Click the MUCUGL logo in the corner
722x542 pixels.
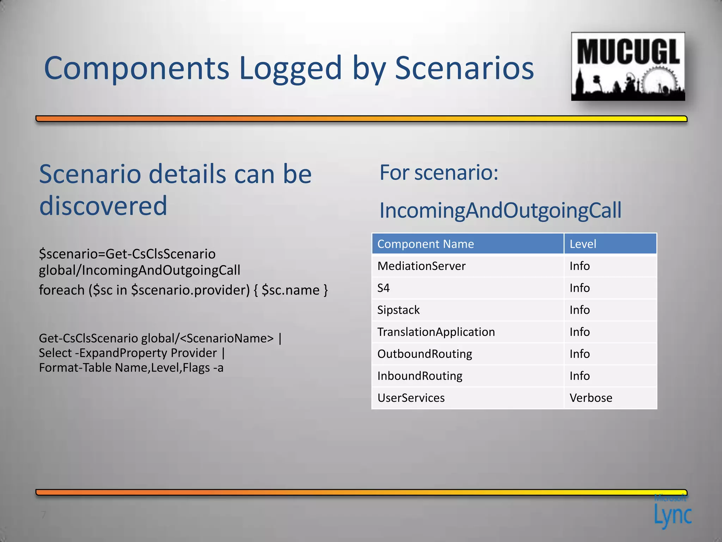[x=628, y=66]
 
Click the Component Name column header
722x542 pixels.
[x=426, y=244]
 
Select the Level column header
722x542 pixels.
[x=583, y=244]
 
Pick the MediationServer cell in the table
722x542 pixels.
[x=421, y=266]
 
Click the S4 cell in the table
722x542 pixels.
[x=384, y=288]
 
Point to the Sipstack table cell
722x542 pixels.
[x=398, y=310]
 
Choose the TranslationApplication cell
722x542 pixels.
[x=436, y=332]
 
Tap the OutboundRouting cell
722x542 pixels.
[x=424, y=354]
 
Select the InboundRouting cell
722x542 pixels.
[x=420, y=376]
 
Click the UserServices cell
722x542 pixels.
[x=411, y=398]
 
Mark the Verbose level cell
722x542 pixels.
[x=591, y=398]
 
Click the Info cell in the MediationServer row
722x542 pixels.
[x=580, y=266]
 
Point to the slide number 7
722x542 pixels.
[x=43, y=514]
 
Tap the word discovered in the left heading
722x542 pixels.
[x=103, y=206]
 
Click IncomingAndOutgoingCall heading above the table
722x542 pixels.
[x=500, y=210]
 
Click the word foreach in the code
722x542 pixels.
[x=62, y=290]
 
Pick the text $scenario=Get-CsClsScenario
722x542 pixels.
[x=127, y=254]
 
